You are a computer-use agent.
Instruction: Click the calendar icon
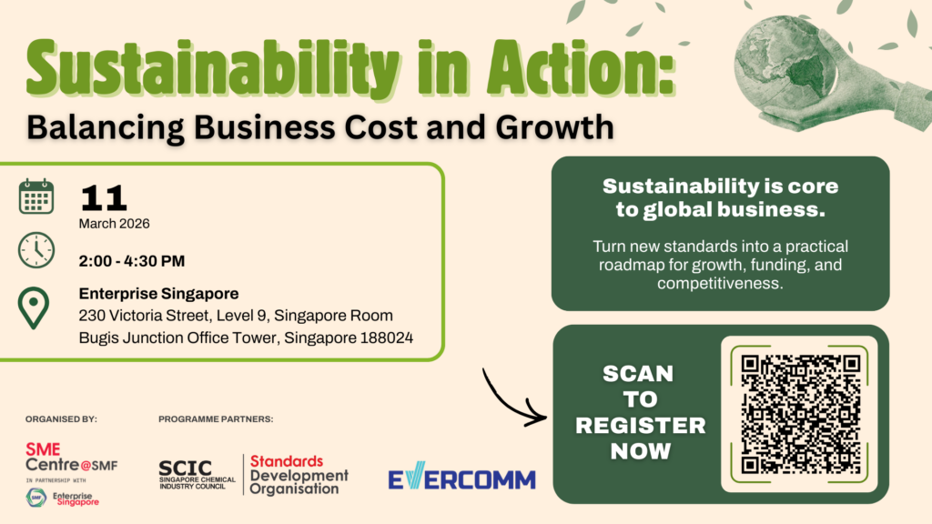(x=36, y=196)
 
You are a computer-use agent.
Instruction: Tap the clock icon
(x=36, y=250)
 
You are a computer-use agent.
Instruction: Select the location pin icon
(x=34, y=307)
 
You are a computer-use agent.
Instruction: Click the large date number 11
(x=104, y=197)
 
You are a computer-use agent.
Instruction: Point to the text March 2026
(x=114, y=224)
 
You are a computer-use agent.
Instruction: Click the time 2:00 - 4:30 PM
(x=132, y=261)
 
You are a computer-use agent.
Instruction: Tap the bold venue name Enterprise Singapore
(x=158, y=294)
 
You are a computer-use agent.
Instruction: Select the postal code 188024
(x=386, y=338)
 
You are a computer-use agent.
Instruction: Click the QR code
(x=800, y=414)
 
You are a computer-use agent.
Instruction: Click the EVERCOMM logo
(x=461, y=476)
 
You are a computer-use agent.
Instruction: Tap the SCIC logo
(x=198, y=475)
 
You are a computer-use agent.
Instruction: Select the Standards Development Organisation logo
(x=299, y=475)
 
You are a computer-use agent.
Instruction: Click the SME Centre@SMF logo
(x=71, y=457)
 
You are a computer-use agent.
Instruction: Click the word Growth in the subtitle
(x=554, y=127)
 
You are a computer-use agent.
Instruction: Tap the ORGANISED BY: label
(x=61, y=418)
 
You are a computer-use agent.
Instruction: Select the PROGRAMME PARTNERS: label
(x=216, y=418)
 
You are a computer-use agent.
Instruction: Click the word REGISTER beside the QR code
(x=640, y=426)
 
